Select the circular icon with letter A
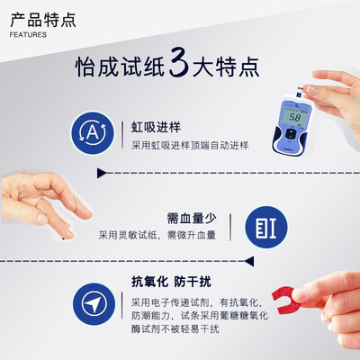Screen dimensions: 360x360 (91, 132)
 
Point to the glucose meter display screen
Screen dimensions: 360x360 (294, 117)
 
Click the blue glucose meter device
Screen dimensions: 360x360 (297, 126)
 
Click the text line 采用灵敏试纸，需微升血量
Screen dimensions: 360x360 (157, 236)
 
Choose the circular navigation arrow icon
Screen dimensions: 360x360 (91, 301)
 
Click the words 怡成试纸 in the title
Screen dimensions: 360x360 (121, 68)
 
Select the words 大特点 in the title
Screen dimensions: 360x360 (229, 68)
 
